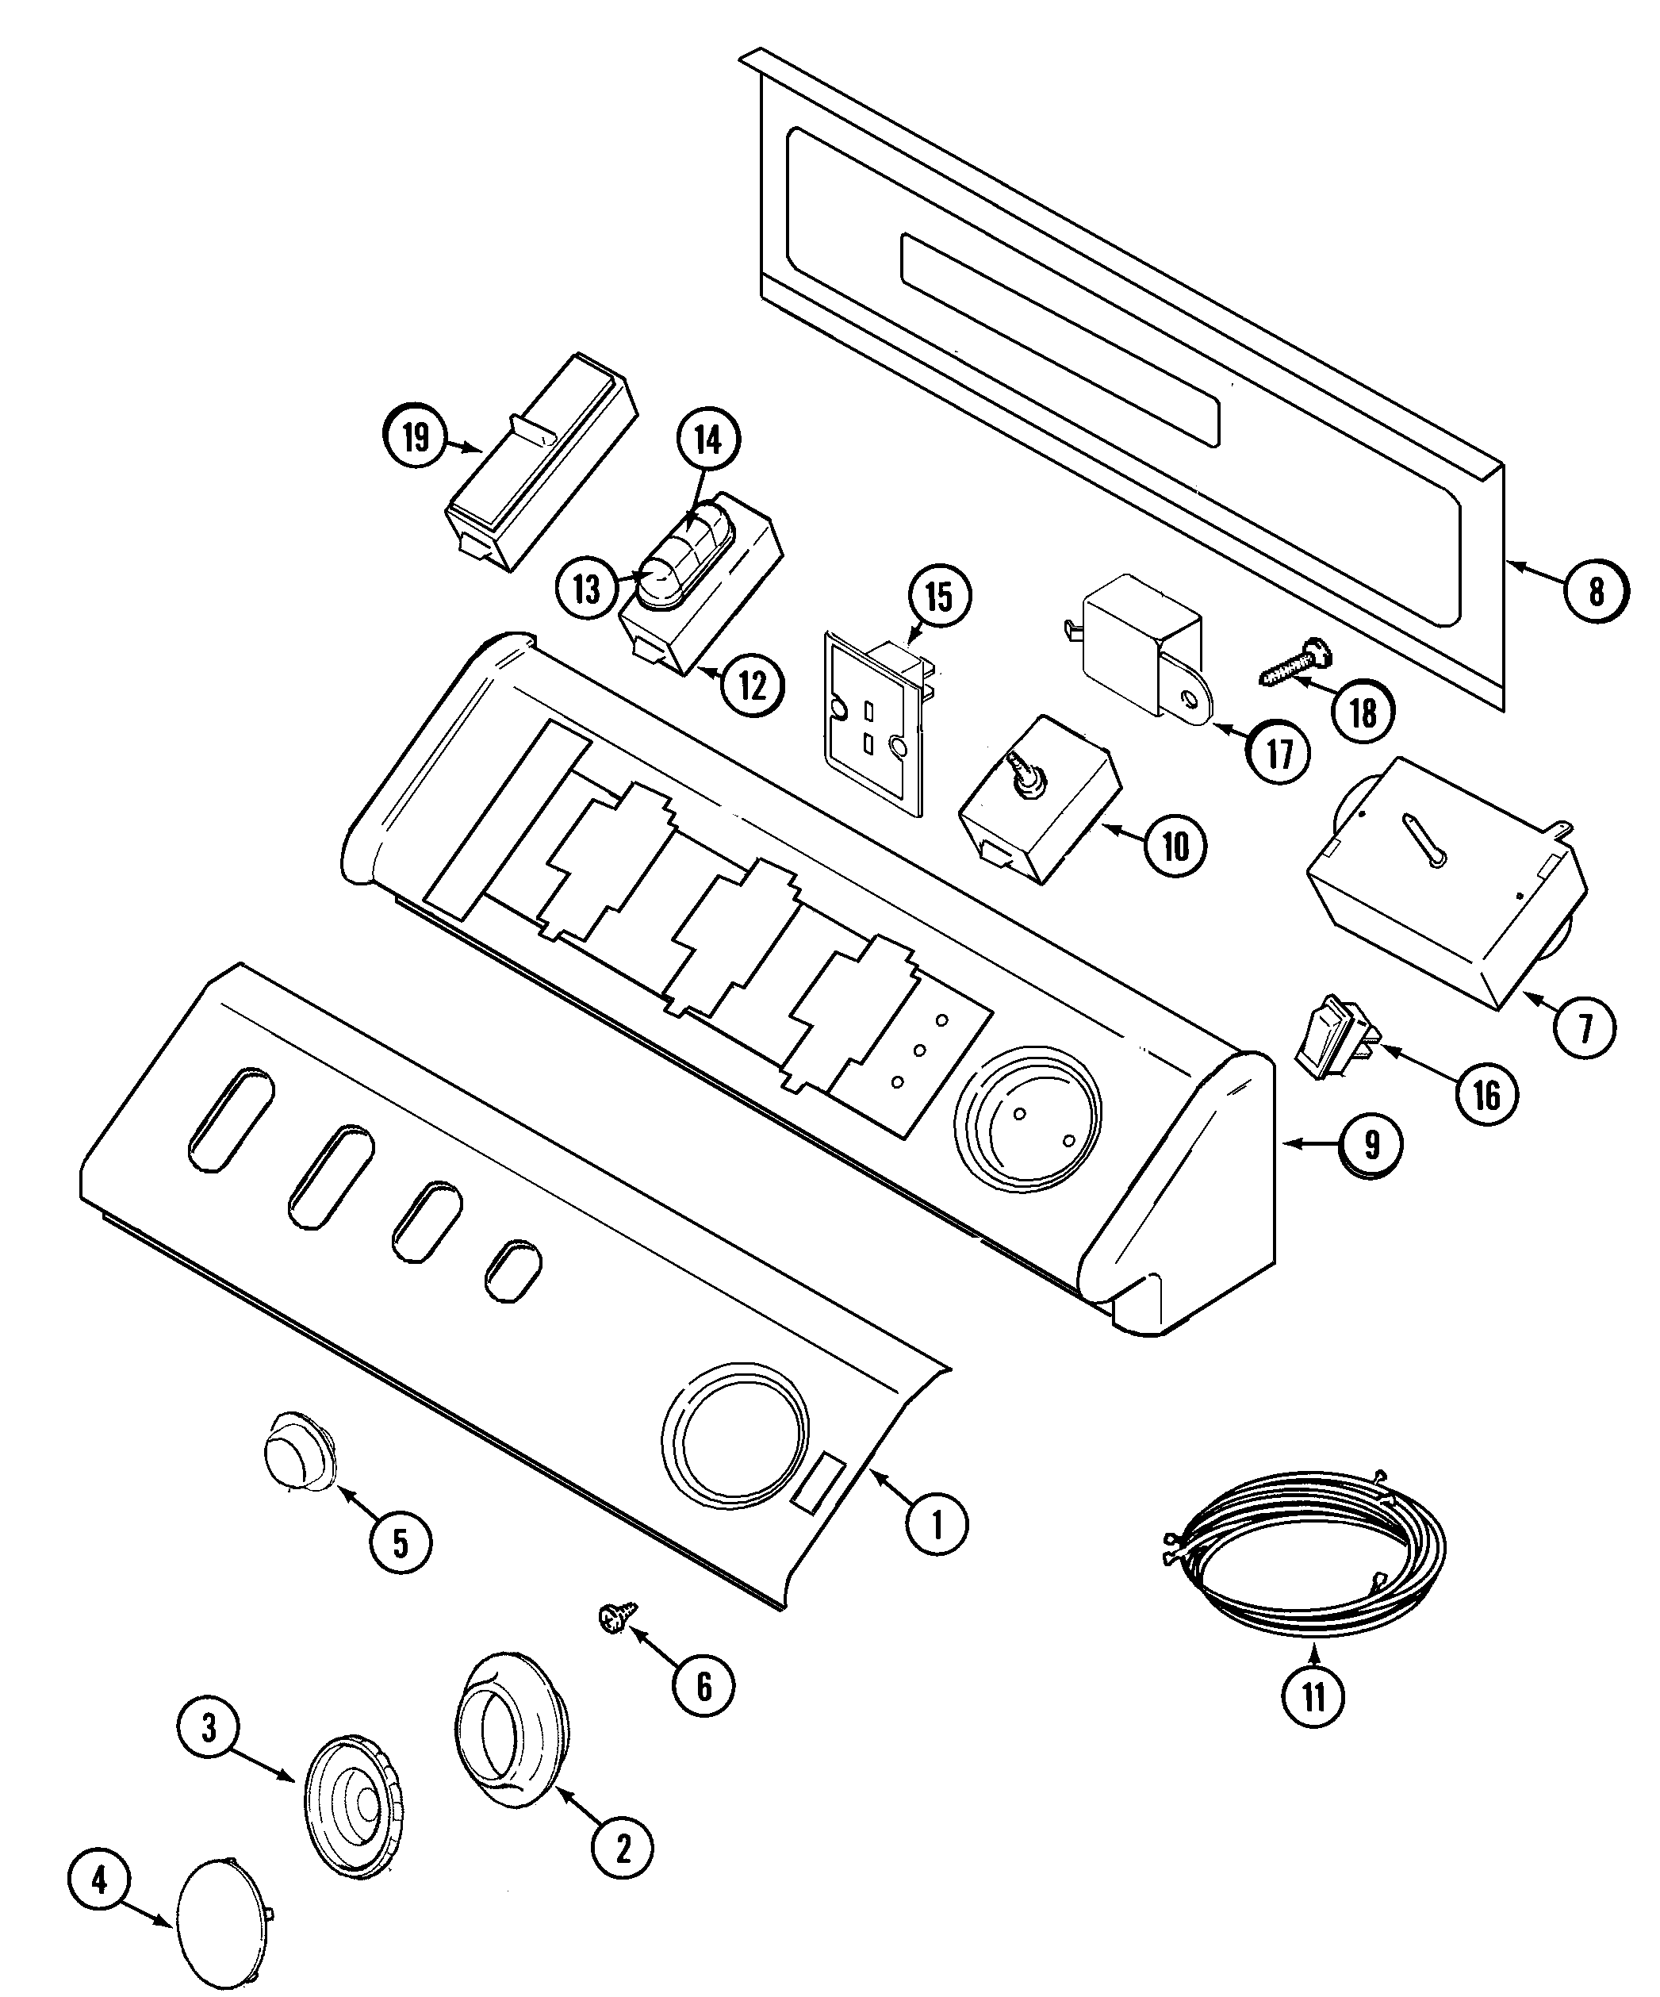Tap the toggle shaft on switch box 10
(1029, 773)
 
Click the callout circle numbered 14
(708, 440)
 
